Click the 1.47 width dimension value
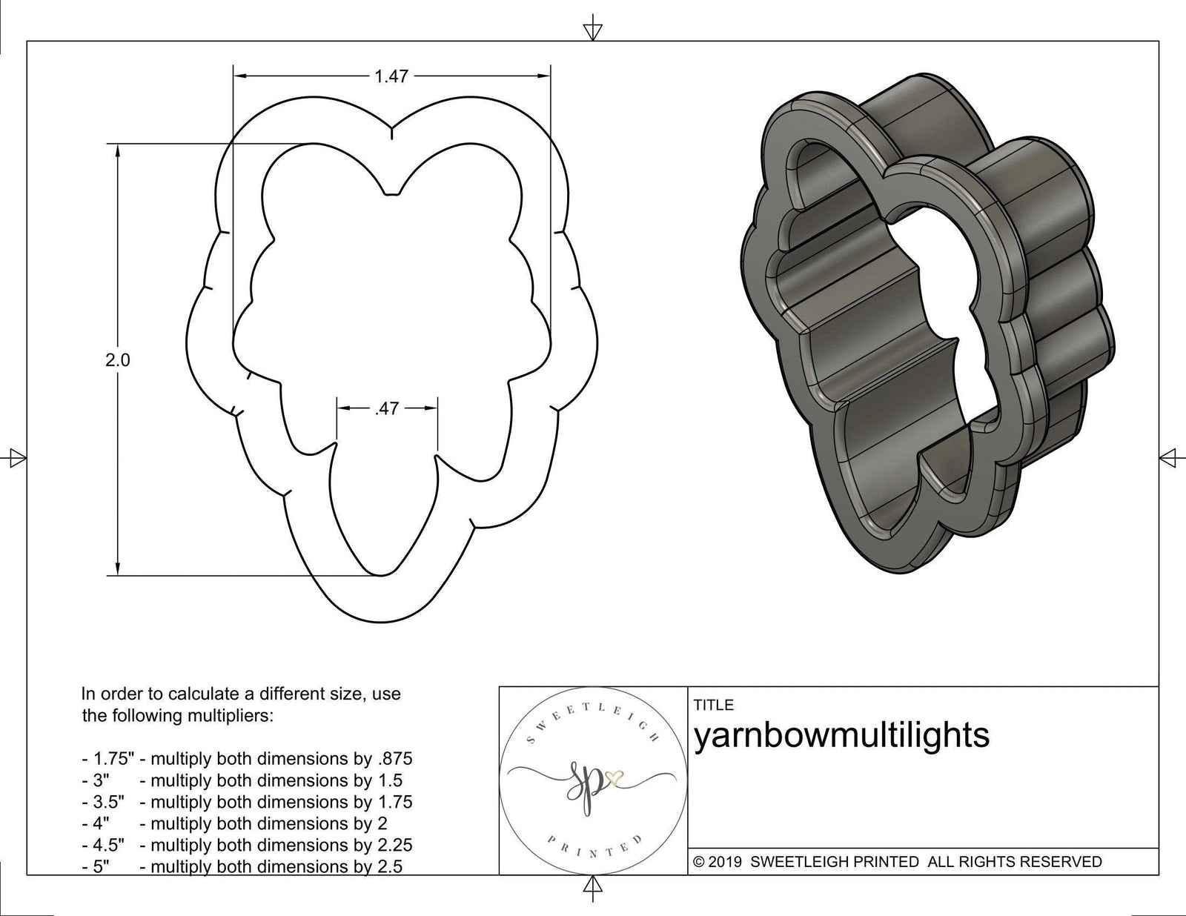(x=391, y=76)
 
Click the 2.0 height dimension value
(x=118, y=360)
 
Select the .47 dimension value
(x=387, y=408)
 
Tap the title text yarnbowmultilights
(x=841, y=736)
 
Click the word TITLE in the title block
(x=713, y=705)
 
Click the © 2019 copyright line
(x=897, y=862)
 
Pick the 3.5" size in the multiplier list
(x=104, y=802)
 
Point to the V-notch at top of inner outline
(x=393, y=195)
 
